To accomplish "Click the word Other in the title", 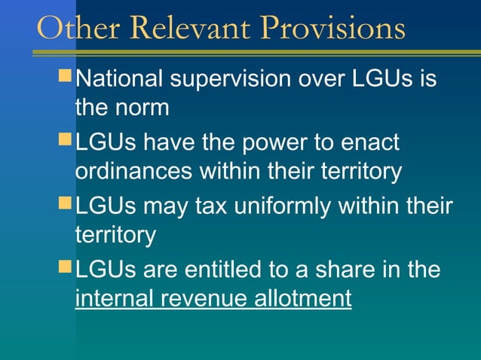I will (x=72, y=29).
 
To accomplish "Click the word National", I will (x=124, y=79).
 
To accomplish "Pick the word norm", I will (x=144, y=107).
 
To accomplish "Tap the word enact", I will (x=369, y=142).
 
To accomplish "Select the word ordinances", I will (x=133, y=171).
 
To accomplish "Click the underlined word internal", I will (x=115, y=297).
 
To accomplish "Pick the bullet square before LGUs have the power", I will (x=66, y=140).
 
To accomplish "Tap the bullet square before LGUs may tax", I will (x=66, y=203).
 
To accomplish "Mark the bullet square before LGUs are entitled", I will (x=66, y=267).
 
